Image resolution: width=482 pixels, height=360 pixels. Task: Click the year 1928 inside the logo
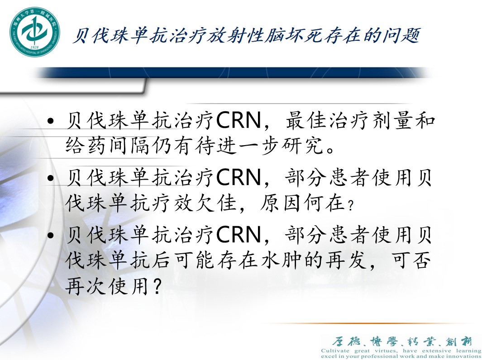(x=33, y=47)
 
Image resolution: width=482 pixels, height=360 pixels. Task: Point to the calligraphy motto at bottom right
(x=401, y=341)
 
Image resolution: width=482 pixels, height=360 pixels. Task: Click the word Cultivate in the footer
(x=337, y=351)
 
